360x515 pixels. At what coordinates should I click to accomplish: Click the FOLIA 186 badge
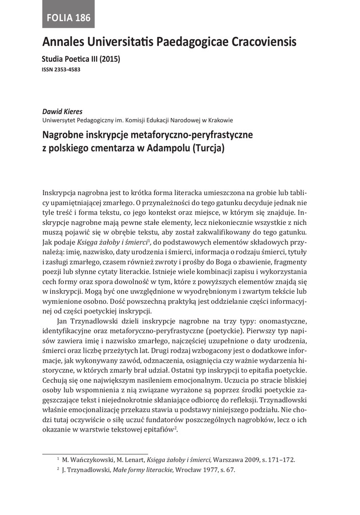click(x=68, y=18)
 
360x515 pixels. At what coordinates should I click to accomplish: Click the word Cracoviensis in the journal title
click(x=261, y=42)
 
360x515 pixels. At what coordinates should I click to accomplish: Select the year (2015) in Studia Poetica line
click(x=110, y=59)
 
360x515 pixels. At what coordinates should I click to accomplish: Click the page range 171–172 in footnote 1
click(x=283, y=459)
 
